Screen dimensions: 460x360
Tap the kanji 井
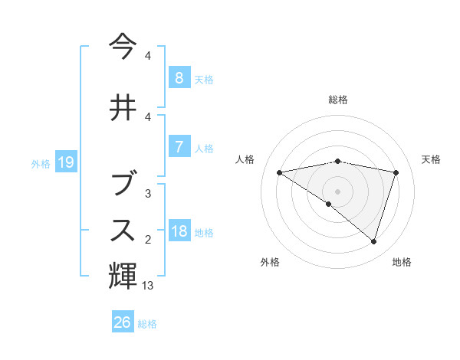(x=123, y=107)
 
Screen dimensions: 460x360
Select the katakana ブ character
(x=123, y=184)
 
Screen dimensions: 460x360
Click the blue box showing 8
(x=179, y=78)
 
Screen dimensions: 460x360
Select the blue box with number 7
(x=179, y=147)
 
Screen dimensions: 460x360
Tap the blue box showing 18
(x=179, y=231)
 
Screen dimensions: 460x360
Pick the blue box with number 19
(x=65, y=162)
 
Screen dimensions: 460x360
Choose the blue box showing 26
(x=123, y=322)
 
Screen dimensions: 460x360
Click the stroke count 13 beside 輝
(x=148, y=286)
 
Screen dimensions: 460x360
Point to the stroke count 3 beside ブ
(x=148, y=194)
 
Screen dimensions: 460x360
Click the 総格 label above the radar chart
(x=337, y=100)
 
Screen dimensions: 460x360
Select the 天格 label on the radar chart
(x=432, y=159)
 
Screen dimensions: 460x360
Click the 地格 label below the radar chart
(x=402, y=262)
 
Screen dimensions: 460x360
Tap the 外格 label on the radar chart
(x=270, y=262)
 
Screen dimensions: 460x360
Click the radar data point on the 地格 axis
(x=373, y=241)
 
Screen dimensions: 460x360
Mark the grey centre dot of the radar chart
(x=337, y=191)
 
